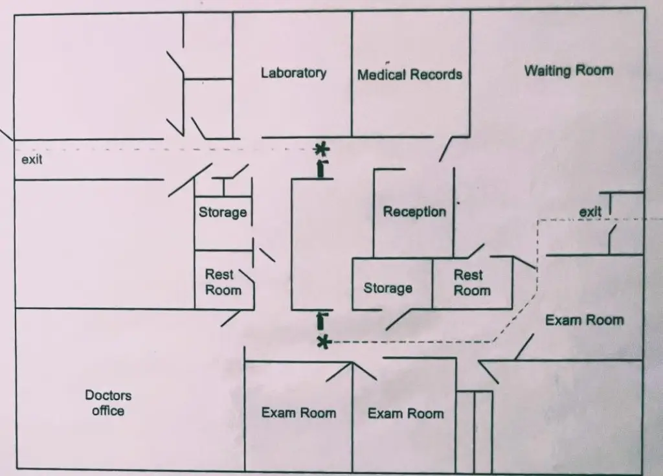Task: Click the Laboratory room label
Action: click(293, 73)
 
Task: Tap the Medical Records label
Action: click(410, 74)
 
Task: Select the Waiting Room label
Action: click(568, 71)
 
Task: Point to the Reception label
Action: click(414, 212)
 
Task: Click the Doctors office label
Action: click(108, 403)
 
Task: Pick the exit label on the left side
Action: click(32, 159)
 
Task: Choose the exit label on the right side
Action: click(590, 211)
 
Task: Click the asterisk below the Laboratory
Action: click(321, 150)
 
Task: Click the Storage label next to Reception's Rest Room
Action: click(388, 288)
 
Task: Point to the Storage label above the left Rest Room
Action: click(223, 212)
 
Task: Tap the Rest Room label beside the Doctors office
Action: click(223, 282)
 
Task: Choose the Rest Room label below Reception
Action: click(471, 283)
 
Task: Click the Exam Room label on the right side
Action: click(584, 320)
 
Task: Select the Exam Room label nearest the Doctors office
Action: click(298, 413)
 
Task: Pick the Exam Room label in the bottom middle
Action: click(406, 413)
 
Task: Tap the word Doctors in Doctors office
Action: click(108, 395)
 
